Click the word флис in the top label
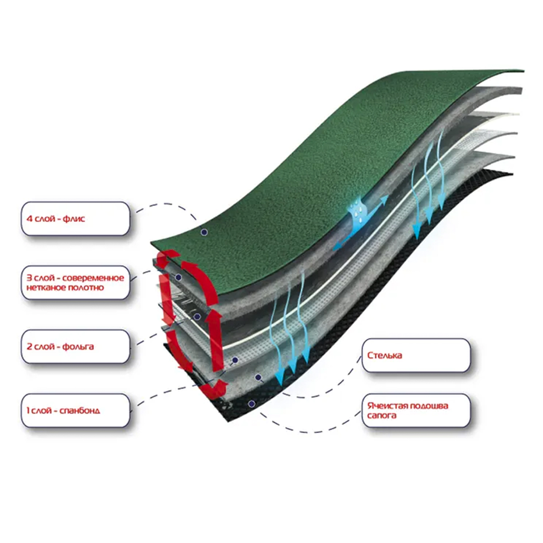pyautogui.click(x=73, y=219)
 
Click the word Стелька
pyautogui.click(x=385, y=355)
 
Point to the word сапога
pyautogui.click(x=382, y=415)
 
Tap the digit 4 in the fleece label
pyautogui.click(x=29, y=219)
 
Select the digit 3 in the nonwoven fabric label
pyautogui.click(x=29, y=278)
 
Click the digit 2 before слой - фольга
pyautogui.click(x=29, y=347)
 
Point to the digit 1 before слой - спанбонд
pyautogui.click(x=28, y=411)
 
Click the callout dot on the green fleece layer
pyautogui.click(x=204, y=232)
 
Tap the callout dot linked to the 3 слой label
pyautogui.click(x=179, y=277)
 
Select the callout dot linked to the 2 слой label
pyautogui.click(x=197, y=317)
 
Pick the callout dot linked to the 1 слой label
pyautogui.click(x=235, y=360)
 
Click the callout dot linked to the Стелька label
pyautogui.click(x=258, y=377)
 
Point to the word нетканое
pyautogui.click(x=45, y=287)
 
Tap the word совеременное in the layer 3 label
pyautogui.click(x=93, y=278)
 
